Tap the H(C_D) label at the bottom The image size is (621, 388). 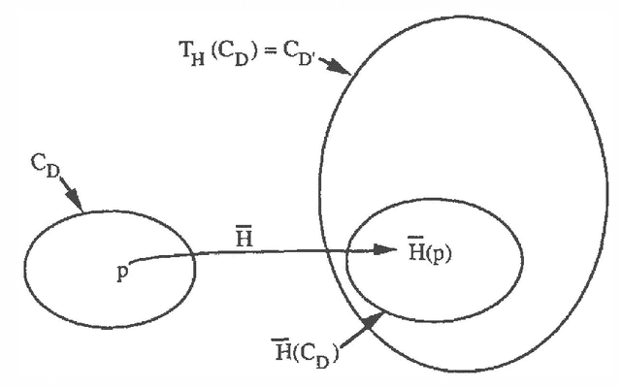(307, 350)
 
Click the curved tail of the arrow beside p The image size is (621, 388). (136, 260)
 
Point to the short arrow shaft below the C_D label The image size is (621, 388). (71, 197)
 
